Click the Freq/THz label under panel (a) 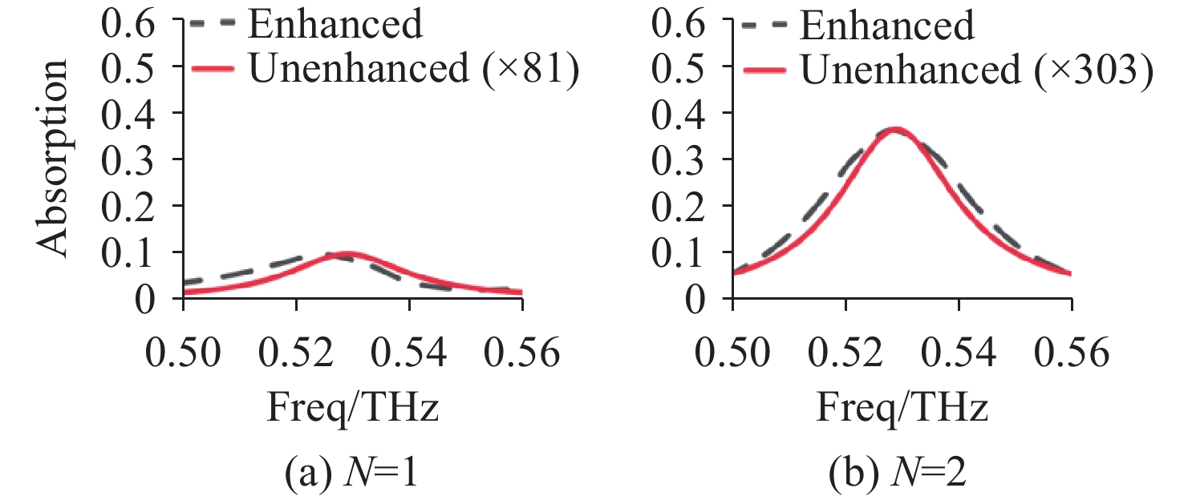coord(353,409)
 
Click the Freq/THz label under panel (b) coord(902,409)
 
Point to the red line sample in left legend coord(213,71)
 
